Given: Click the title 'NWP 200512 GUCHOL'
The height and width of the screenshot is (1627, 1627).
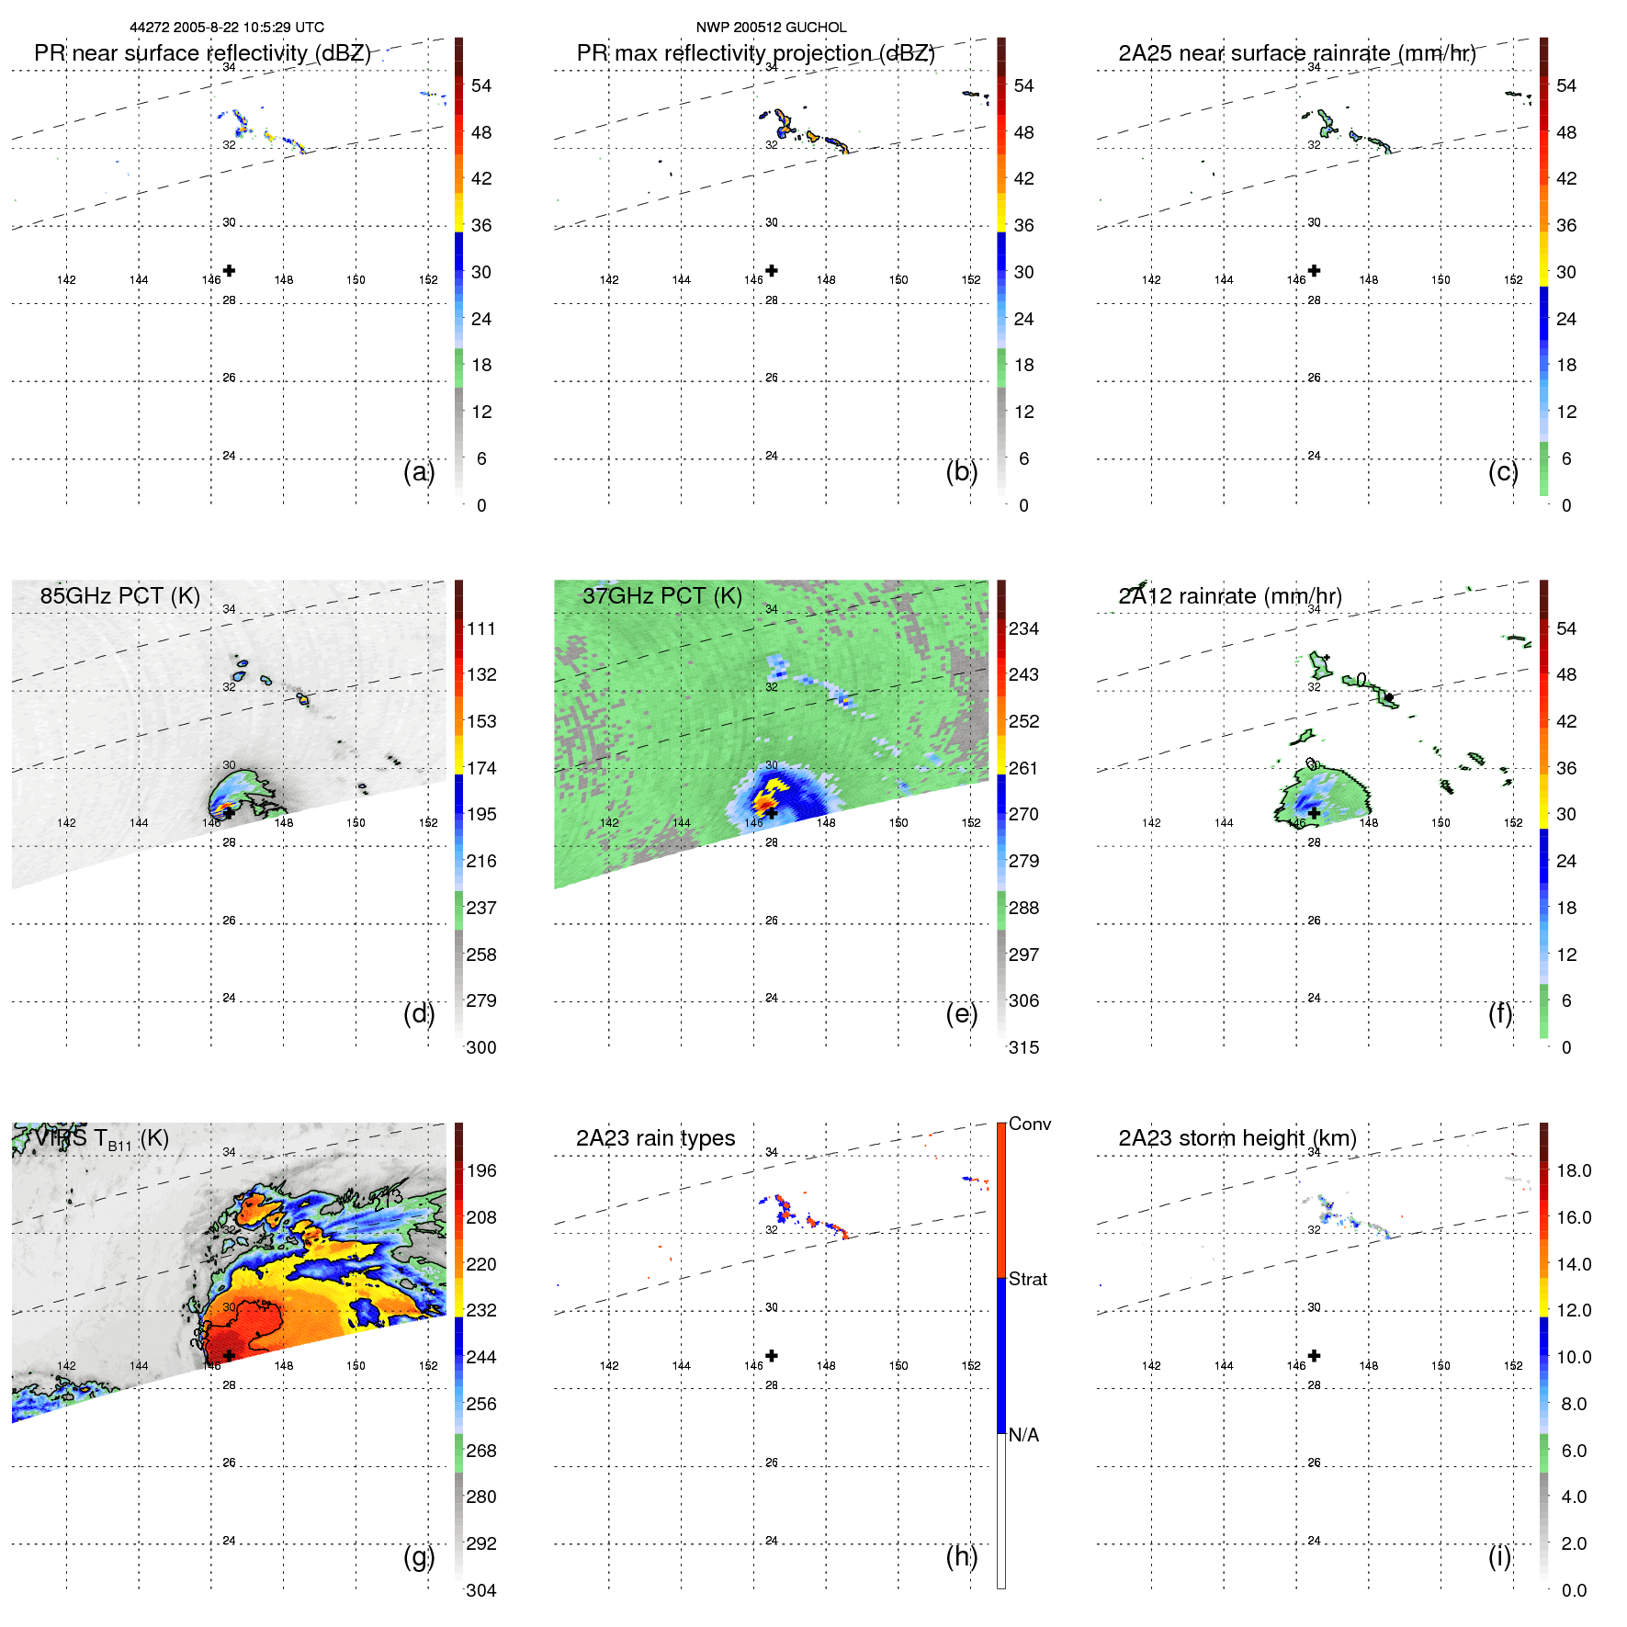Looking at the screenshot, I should [771, 28].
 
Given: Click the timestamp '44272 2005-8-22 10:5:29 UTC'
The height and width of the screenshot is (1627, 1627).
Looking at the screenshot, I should [227, 28].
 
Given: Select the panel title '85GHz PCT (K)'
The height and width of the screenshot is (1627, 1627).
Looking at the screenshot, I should [119, 596].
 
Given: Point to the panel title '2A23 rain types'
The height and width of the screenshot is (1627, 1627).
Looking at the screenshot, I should [655, 1138].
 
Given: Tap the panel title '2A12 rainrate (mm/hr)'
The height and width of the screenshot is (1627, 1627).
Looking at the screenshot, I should [1229, 596].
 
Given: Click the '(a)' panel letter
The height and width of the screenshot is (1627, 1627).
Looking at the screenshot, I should [418, 471].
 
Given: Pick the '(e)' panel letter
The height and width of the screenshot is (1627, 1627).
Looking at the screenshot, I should [961, 1013].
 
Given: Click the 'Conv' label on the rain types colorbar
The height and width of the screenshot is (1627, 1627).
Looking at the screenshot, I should [1029, 1124].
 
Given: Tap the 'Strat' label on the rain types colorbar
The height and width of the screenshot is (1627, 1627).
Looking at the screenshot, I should [1028, 1279].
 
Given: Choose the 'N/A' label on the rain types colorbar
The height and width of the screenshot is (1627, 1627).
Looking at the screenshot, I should [1023, 1435].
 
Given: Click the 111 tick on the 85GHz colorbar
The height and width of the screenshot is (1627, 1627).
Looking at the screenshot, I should [481, 628].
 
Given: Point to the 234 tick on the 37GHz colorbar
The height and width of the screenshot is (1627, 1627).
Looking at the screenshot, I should [1023, 628].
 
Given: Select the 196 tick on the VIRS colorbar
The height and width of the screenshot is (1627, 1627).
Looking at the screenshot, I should [481, 1170].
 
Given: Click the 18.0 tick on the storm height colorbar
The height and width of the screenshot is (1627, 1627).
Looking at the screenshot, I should [1574, 1170].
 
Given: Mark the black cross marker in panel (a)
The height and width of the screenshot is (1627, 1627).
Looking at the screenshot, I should [229, 270].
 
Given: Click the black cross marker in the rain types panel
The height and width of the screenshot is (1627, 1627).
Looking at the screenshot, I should [772, 1355].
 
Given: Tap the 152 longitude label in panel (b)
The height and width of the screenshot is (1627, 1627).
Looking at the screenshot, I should [971, 280].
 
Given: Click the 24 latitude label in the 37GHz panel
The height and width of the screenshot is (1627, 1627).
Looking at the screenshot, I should [772, 998].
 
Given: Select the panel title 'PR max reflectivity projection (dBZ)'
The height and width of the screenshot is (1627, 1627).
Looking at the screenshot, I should [755, 53].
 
